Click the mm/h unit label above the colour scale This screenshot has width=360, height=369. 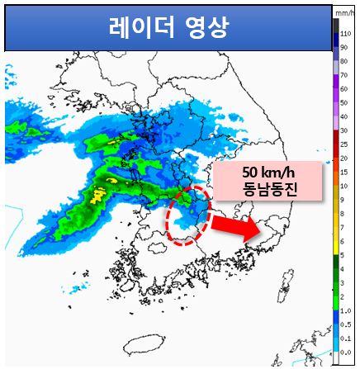[x=344, y=12]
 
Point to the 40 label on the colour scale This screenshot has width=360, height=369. [x=345, y=116]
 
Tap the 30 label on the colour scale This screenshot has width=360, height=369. [x=345, y=130]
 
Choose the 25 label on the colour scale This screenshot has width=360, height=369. [x=345, y=145]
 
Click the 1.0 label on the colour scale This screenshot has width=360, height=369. [x=346, y=310]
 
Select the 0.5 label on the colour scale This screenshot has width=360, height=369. [x=346, y=324]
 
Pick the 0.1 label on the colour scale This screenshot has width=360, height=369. [x=346, y=338]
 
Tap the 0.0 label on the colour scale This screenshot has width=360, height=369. [x=346, y=352]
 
